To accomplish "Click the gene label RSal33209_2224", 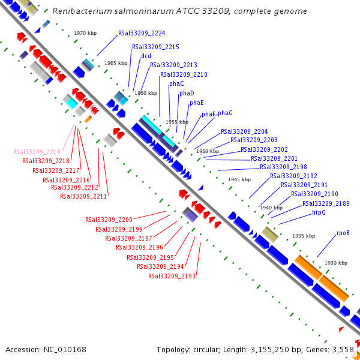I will pos(142,34).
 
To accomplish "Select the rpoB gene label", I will pos(343,233).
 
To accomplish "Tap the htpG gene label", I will pos(319,213).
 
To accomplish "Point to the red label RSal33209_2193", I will pos(172,276).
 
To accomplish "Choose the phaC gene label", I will pos(176,83).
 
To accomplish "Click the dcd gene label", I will pos(146,56).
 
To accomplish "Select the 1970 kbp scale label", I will pos(85,34).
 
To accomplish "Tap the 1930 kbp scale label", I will pos(336,263).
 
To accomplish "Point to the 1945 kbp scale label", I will pos(239,179).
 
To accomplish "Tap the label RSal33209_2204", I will pos(244,131).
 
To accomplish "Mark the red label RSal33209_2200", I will pos(109,220).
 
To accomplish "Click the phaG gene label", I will pos(225,113).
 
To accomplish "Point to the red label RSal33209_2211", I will pos(83,196).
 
